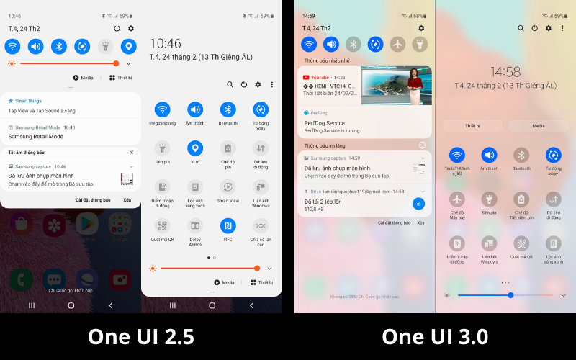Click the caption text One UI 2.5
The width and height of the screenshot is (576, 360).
[x=141, y=336]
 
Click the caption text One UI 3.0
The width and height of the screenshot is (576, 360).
[x=435, y=336]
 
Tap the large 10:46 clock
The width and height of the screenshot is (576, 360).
[x=165, y=44]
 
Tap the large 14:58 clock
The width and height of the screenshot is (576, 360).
[x=505, y=71]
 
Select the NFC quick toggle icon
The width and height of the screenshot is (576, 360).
[x=228, y=225]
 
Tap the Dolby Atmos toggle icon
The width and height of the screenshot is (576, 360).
[x=194, y=225]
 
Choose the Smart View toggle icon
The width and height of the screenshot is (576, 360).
[x=228, y=186]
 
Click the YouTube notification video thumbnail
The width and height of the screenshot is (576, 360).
[x=395, y=86]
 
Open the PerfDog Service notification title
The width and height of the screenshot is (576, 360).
[x=325, y=123]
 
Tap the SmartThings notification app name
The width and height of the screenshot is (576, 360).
[x=29, y=101]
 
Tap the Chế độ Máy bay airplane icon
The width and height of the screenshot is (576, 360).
[x=456, y=199]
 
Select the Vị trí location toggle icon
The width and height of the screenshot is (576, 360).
[x=194, y=148]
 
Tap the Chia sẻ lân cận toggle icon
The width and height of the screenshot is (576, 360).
[x=261, y=225]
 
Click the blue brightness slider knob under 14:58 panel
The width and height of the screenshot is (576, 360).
[x=510, y=295]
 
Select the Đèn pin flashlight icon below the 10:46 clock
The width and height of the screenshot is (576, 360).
[x=162, y=148]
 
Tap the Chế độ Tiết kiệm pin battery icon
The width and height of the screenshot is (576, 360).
[x=521, y=199]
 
